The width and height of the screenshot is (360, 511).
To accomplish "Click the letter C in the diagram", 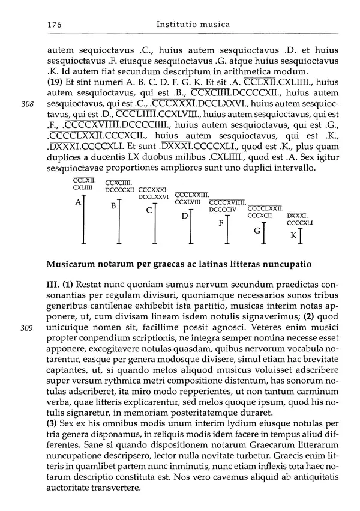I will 149,211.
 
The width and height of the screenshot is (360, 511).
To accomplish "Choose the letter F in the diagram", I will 221,223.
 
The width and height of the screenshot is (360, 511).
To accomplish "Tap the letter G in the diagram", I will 257,231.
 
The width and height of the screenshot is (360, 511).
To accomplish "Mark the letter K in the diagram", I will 293,235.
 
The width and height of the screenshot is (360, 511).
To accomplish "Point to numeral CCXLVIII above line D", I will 188,202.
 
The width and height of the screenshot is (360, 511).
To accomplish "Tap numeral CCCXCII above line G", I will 260,215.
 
